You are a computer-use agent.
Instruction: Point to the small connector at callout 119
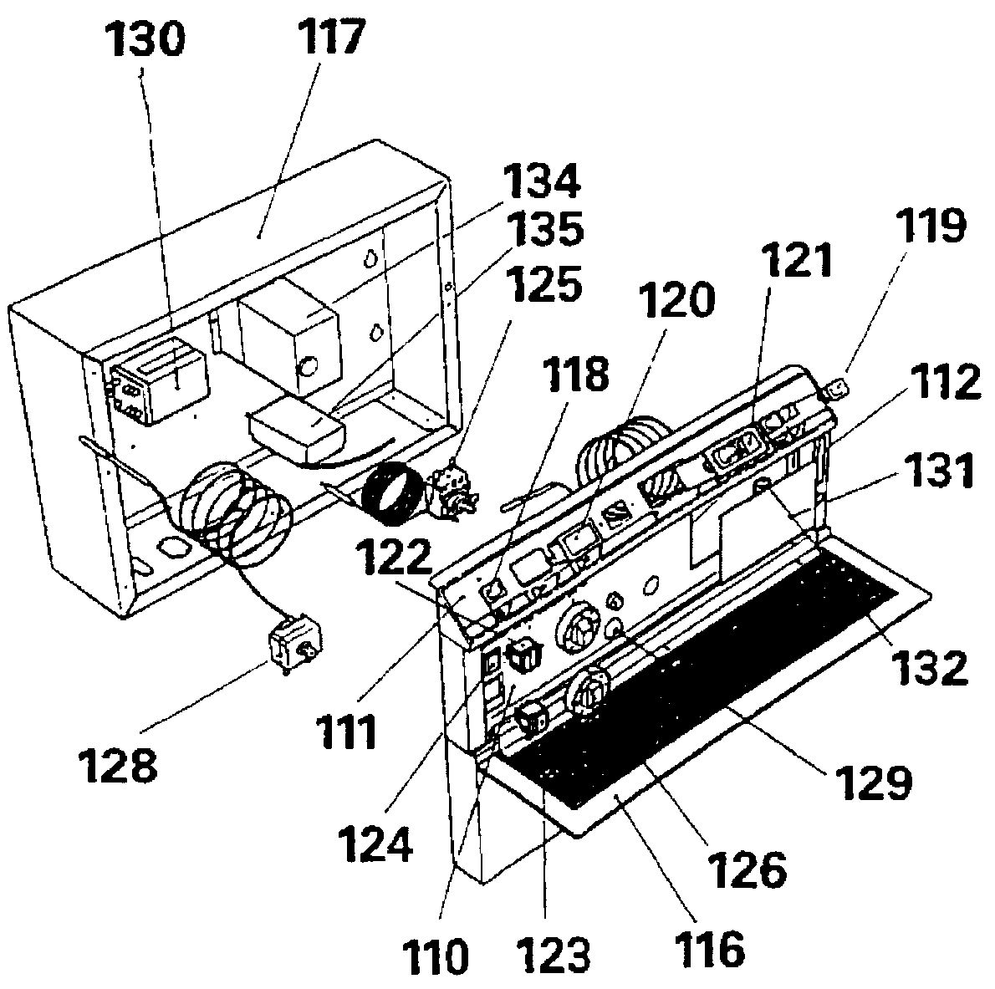[838, 388]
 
